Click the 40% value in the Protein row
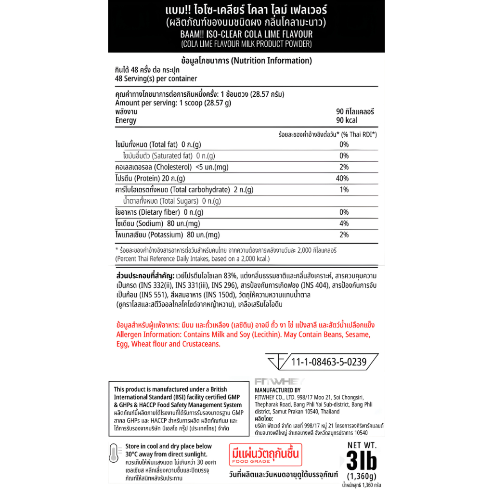pyautogui.click(x=342, y=178)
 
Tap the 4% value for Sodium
pyautogui.click(x=343, y=223)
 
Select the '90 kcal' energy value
pyautogui.click(x=347, y=120)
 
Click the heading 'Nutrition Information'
pyautogui.click(x=271, y=61)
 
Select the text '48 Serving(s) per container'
pyautogui.click(x=156, y=78)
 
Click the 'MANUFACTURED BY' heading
pyautogui.click(x=277, y=390)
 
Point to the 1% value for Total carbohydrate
pyautogui.click(x=343, y=190)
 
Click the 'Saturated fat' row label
pyautogui.click(x=172, y=156)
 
